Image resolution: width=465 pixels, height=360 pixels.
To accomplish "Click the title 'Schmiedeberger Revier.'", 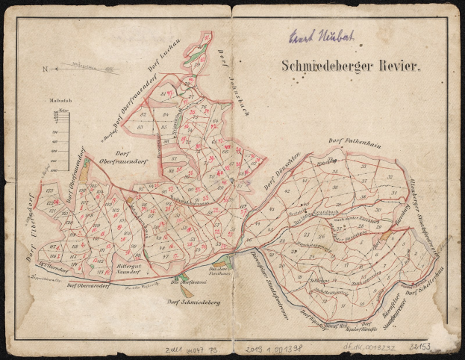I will click(352, 65).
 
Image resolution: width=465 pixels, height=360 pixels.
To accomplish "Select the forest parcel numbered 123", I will click(50, 202).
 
